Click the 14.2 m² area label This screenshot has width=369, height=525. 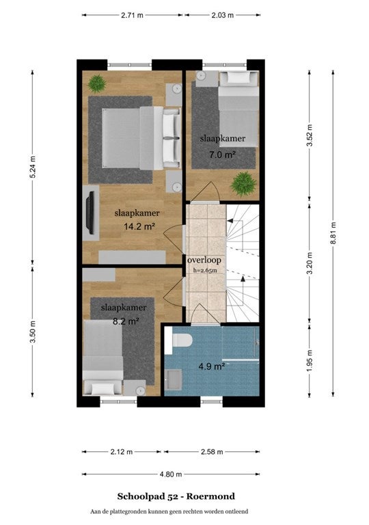pyautogui.click(x=139, y=227)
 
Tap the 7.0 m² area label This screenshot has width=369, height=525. pyautogui.click(x=222, y=154)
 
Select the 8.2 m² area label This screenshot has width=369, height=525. pyautogui.click(x=126, y=321)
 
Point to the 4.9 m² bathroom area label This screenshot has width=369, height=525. pyautogui.click(x=212, y=366)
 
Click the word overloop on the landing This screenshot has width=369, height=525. pyautogui.click(x=204, y=260)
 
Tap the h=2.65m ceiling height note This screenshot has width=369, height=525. pyautogui.click(x=205, y=270)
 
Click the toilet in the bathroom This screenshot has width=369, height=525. pyautogui.click(x=179, y=340)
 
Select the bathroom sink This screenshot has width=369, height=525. pyautogui.click(x=174, y=379)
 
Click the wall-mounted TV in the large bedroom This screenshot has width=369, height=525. pyautogui.click(x=90, y=213)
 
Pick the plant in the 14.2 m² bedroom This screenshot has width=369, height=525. pyautogui.click(x=97, y=83)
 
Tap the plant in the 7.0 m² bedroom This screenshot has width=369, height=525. pyautogui.click(x=244, y=183)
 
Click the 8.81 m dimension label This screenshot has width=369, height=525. pyautogui.click(x=333, y=233)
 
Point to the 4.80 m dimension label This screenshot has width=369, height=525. pyautogui.click(x=171, y=474)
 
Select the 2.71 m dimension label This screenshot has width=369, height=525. pyautogui.click(x=133, y=15)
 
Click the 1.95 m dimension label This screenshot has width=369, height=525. pyautogui.click(x=310, y=361)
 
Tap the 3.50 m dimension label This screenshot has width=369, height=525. pyautogui.click(x=33, y=332)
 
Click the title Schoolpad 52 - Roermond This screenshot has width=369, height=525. pyautogui.click(x=176, y=496)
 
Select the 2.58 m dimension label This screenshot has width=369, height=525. pyautogui.click(x=212, y=452)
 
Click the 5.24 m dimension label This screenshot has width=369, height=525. pyautogui.click(x=33, y=167)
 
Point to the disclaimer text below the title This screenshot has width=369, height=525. pyautogui.click(x=169, y=511)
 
